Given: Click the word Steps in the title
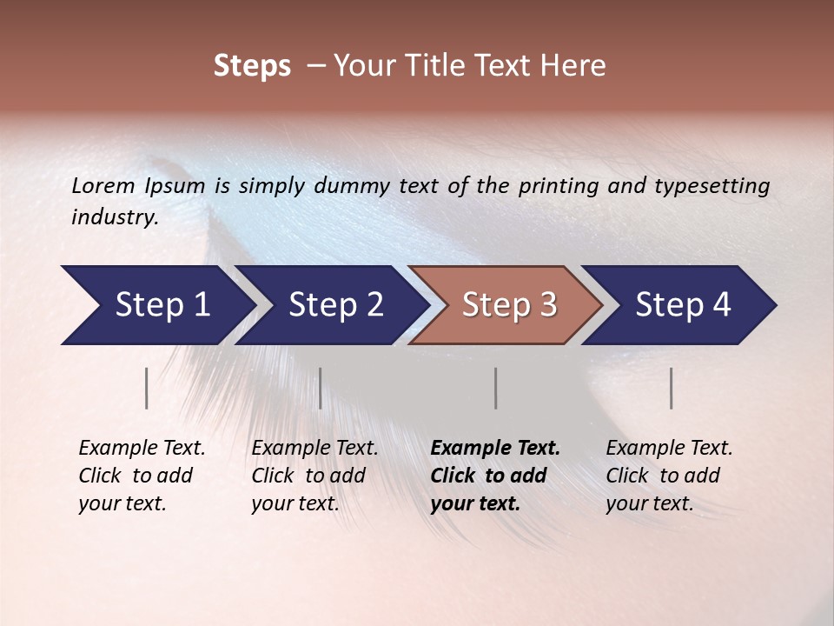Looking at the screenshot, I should click(x=252, y=66).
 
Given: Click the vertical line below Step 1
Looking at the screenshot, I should click(x=147, y=388).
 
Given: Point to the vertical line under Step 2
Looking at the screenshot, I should click(x=321, y=388).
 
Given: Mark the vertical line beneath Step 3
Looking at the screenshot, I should click(x=496, y=388).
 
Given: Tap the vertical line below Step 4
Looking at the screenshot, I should click(x=672, y=388).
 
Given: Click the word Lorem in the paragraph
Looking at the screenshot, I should click(x=103, y=186).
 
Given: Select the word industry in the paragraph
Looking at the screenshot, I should click(x=115, y=217).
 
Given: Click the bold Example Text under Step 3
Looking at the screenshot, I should click(x=495, y=449).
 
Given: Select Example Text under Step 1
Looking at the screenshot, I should click(x=142, y=449).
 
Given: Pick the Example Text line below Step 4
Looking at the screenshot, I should click(x=669, y=449).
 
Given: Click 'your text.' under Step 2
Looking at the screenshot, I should click(x=295, y=503).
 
